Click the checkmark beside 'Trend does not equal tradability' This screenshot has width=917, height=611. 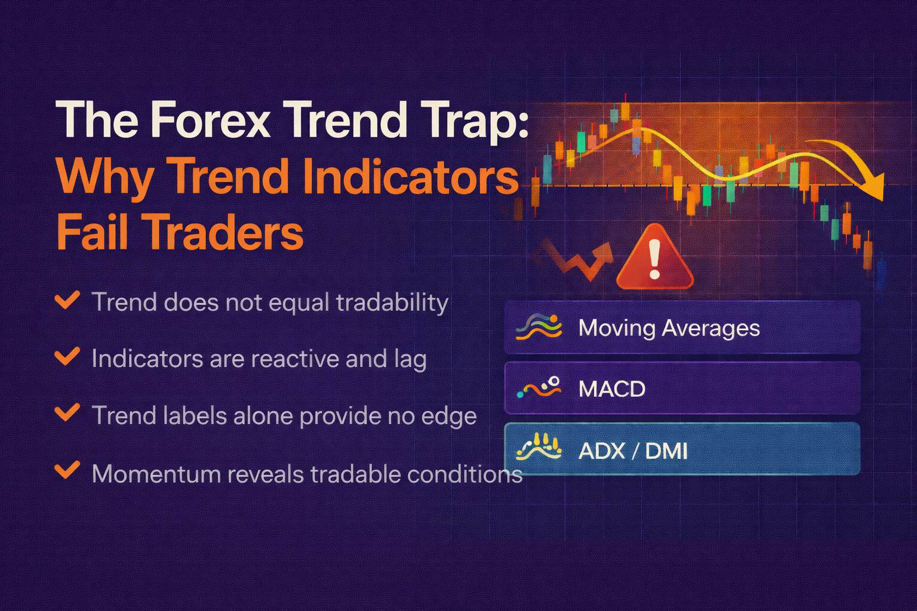tap(67, 300)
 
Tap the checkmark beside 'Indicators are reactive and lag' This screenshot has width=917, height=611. tap(67, 357)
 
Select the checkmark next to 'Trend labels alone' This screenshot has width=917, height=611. tap(67, 413)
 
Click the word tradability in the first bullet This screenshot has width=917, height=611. tap(392, 303)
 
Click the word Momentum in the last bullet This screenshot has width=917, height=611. tap(156, 474)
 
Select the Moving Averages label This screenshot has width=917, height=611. tap(669, 328)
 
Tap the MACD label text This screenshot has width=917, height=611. tap(612, 389)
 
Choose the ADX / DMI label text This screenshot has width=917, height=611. tap(633, 450)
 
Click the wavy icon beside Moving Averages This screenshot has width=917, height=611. tap(538, 328)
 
